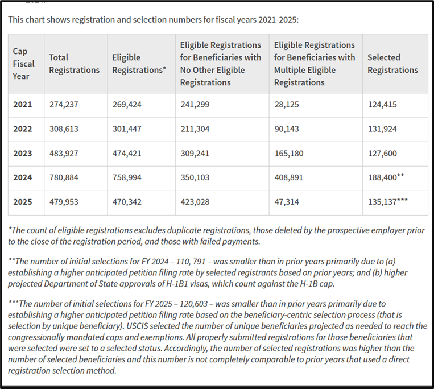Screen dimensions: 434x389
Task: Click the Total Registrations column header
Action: pyautogui.click(x=74, y=64)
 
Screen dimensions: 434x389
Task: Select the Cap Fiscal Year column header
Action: pyautogui.click(x=24, y=64)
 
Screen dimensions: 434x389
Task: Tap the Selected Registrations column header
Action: pyautogui.click(x=392, y=64)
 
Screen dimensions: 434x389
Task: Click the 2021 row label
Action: pyautogui.click(x=23, y=105)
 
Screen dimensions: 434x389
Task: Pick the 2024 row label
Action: pyautogui.click(x=23, y=177)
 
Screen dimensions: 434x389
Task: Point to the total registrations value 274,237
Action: pyautogui.click(x=64, y=105)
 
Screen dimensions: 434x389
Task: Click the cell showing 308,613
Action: pyautogui.click(x=64, y=129)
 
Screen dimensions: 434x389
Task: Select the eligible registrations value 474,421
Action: pyautogui.click(x=127, y=154)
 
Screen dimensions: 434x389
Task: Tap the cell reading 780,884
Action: pyautogui.click(x=64, y=177)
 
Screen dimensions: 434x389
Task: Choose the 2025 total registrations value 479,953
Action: pyautogui.click(x=64, y=202)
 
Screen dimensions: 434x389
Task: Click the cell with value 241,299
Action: pyautogui.click(x=195, y=105)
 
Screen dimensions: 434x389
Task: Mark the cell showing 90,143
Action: pyautogui.click(x=287, y=129)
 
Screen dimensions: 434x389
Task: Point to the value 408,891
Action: pyautogui.click(x=289, y=177)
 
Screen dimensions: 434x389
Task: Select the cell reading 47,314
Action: pyautogui.click(x=287, y=202)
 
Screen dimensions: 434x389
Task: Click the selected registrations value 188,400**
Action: pyautogui.click(x=386, y=177)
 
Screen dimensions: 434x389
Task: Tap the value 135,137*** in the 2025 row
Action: pyautogui.click(x=388, y=201)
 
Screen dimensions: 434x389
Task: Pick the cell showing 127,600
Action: pyautogui.click(x=382, y=154)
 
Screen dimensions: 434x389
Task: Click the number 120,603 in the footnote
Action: pyautogui.click(x=194, y=304)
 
